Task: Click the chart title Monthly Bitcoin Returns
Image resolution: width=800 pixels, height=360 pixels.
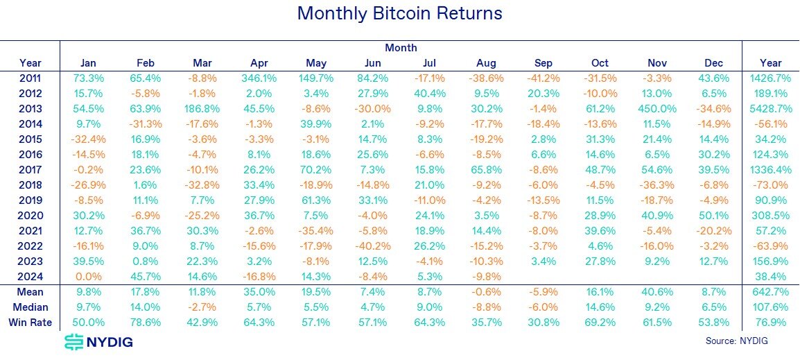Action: point(399,13)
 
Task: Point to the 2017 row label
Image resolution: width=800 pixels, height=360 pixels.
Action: point(31,170)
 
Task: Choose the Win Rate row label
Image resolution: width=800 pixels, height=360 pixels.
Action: point(31,323)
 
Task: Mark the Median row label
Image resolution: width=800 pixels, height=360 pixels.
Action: point(31,307)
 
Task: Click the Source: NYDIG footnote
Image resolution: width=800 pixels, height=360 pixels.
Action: point(737,341)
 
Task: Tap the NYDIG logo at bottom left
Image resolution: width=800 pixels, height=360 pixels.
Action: point(98,341)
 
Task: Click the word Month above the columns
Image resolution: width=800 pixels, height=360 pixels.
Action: point(401,48)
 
